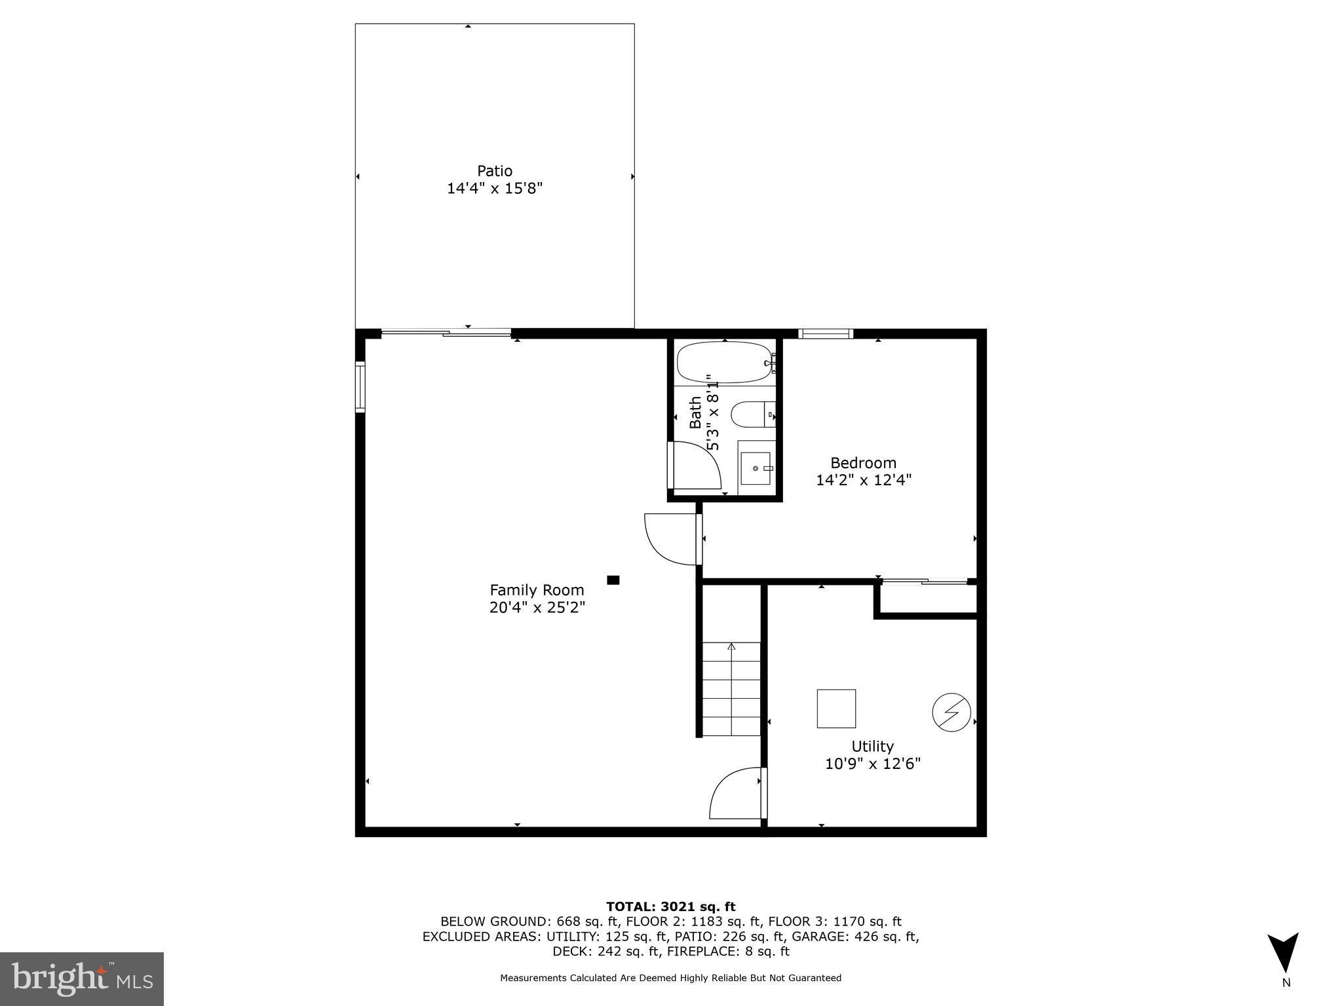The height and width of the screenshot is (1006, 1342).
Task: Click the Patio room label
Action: click(x=494, y=171)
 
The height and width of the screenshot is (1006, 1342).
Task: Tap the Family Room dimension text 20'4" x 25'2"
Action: click(x=537, y=608)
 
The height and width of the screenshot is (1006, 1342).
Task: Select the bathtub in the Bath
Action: click(x=725, y=362)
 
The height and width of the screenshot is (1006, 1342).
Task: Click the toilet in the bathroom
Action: click(x=752, y=414)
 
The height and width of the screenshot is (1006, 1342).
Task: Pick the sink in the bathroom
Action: click(x=756, y=468)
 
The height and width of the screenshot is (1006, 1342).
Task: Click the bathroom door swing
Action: click(x=695, y=466)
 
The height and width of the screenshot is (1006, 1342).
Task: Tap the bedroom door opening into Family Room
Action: click(x=671, y=539)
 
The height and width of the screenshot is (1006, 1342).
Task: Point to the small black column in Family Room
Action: click(x=613, y=580)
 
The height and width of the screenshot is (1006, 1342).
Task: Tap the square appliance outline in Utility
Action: click(x=836, y=709)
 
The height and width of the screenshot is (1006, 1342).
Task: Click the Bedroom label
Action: click(x=863, y=463)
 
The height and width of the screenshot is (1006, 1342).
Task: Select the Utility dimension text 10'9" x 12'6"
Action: click(x=872, y=764)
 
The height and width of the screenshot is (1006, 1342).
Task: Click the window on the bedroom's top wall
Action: click(x=826, y=334)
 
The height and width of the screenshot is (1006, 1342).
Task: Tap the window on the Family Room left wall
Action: click(x=360, y=387)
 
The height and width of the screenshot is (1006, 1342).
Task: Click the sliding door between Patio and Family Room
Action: click(x=446, y=333)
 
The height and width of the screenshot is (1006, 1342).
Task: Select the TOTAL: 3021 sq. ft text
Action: click(x=670, y=906)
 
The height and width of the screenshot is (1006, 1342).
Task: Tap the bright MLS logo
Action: click(x=82, y=978)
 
